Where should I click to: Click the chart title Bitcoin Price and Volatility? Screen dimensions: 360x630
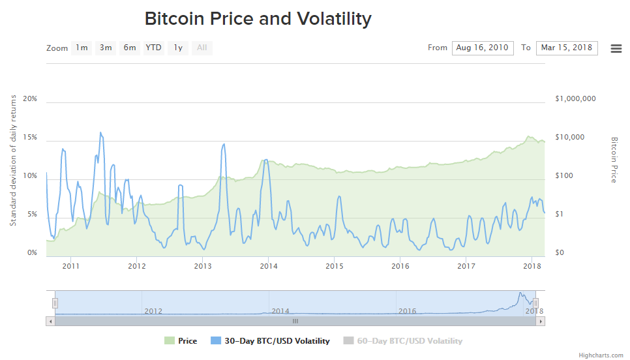coord(258,19)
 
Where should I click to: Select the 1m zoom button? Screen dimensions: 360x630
coord(82,48)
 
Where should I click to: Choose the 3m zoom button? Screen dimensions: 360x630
coord(106,48)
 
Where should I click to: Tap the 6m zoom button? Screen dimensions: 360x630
coord(130,48)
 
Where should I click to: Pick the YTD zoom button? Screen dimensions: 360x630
coord(153,48)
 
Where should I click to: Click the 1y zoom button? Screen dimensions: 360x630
coord(178,48)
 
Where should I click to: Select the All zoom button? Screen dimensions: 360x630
coord(202,48)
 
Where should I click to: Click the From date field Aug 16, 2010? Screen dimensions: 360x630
coord(483,48)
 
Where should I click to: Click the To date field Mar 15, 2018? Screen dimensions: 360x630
coord(567,48)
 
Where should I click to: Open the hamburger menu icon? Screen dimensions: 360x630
coord(616,48)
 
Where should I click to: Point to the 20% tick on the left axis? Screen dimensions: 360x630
coord(30,99)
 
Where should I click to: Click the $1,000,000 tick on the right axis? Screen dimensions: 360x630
coord(575,99)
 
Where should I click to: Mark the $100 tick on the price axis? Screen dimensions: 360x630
coord(564,176)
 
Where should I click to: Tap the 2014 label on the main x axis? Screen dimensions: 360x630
coord(269,266)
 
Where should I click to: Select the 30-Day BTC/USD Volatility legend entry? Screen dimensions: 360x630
coord(271,341)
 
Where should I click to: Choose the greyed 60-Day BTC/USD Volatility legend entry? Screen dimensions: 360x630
coord(403,341)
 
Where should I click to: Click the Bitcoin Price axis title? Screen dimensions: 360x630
coord(614,160)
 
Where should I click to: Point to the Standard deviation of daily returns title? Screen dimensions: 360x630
coord(13,160)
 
